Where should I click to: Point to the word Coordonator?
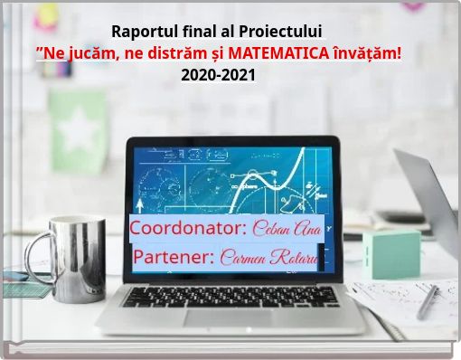click(x=188, y=226)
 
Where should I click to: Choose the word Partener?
click(x=174, y=257)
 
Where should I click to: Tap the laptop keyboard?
click(x=230, y=295)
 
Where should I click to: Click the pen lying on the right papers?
click(x=427, y=300)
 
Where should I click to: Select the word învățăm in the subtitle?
click(x=367, y=54)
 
